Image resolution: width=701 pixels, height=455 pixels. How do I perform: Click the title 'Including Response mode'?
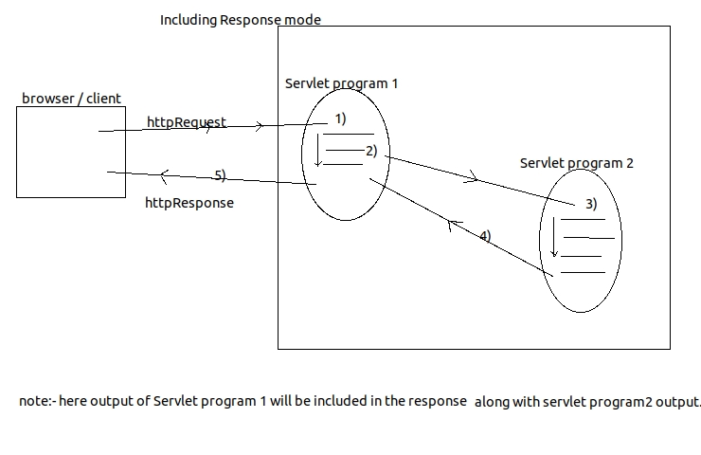[x=241, y=19]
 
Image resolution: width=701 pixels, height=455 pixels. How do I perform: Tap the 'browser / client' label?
[x=71, y=99]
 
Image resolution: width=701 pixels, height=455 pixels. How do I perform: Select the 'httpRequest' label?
[x=187, y=122]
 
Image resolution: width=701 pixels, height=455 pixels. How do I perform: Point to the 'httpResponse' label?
[x=189, y=203]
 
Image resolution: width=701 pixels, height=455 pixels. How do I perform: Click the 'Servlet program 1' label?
[x=341, y=83]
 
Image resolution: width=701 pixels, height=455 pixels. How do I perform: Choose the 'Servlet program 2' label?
[x=577, y=163]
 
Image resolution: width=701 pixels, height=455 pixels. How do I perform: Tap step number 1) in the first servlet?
[x=340, y=119]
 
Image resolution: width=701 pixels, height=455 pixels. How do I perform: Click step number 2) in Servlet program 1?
[x=370, y=151]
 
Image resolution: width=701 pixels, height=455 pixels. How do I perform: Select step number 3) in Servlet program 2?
[x=590, y=204]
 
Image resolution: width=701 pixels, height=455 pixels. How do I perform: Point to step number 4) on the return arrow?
[x=484, y=236]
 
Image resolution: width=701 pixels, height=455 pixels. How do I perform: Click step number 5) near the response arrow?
[x=220, y=175]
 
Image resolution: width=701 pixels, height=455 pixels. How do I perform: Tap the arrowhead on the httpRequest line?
[x=259, y=125]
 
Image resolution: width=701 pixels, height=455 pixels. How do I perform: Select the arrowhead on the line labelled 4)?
[x=453, y=225]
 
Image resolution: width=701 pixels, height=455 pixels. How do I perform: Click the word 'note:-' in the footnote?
[x=38, y=401]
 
